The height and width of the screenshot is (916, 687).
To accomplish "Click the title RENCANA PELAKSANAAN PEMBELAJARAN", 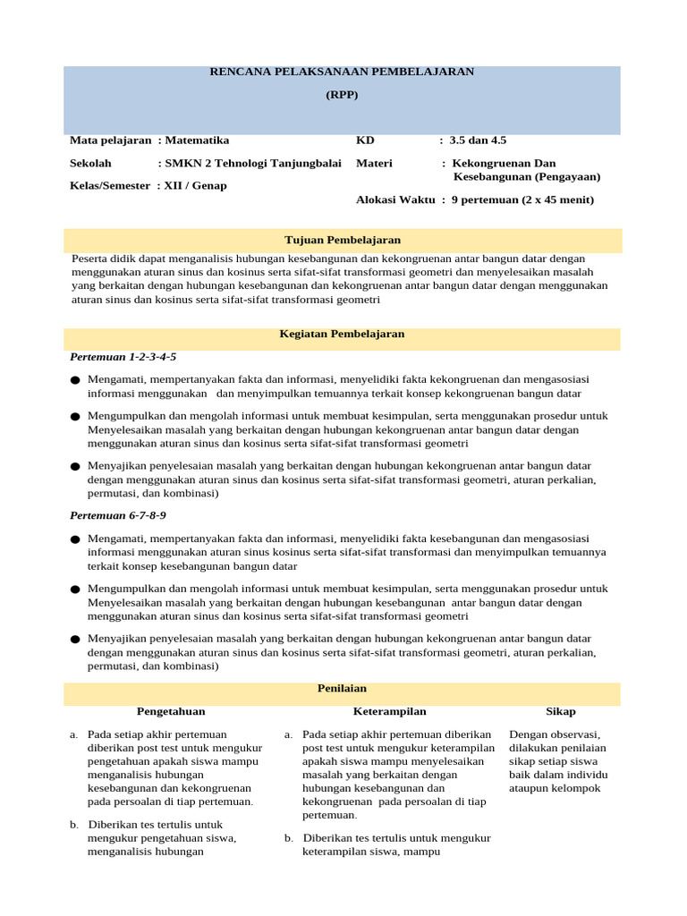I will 342,72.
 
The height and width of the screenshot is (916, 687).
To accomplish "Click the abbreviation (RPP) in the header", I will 342,95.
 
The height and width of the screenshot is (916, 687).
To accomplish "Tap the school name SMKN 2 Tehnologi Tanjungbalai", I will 251,164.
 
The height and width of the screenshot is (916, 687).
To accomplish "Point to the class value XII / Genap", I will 194,186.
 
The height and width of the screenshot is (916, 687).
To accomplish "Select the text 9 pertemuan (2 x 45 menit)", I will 522,200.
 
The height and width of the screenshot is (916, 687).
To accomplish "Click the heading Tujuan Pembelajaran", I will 342,241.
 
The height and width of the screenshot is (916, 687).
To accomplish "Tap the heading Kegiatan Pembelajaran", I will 342,334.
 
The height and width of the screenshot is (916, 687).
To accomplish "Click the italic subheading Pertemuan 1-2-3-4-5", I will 123,357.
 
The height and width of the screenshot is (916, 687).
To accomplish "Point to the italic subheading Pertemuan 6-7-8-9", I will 118,516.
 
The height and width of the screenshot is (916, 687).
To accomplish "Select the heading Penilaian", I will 342,689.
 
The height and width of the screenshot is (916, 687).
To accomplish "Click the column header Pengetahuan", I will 171,712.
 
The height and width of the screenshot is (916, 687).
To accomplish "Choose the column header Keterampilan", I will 389,712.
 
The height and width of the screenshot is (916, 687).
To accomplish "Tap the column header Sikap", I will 561,712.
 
